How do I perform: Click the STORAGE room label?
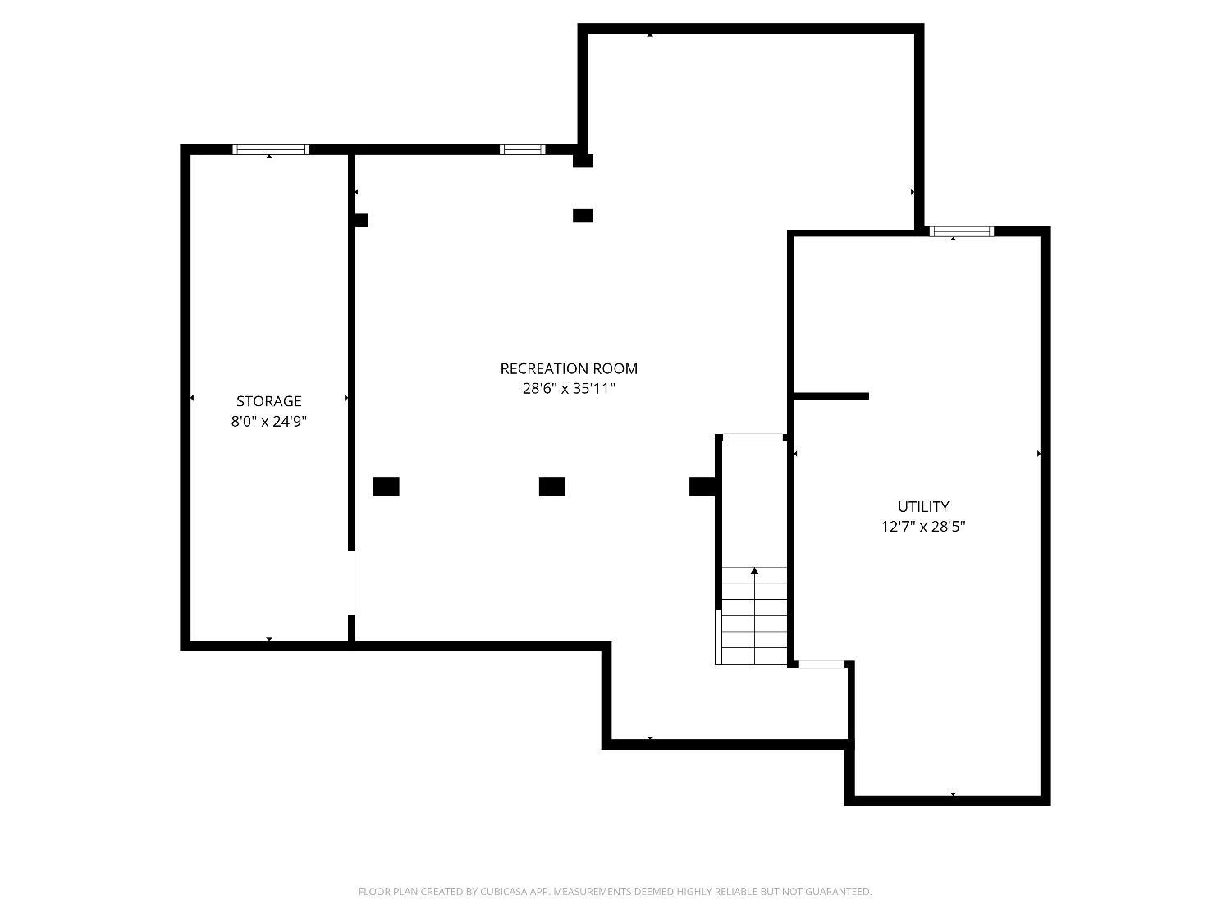(268, 401)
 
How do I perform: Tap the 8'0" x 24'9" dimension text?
(268, 422)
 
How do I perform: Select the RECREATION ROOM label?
(569, 368)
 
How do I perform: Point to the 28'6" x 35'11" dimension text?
(569, 388)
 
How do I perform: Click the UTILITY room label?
(923, 506)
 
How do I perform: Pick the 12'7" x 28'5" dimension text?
(923, 526)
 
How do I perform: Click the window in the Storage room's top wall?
(271, 149)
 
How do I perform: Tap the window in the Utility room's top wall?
(961, 231)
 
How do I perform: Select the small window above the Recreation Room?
(522, 149)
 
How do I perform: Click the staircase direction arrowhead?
(754, 570)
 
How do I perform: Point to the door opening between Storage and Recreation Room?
(351, 583)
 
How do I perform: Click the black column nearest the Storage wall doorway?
(387, 487)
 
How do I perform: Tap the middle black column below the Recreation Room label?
(551, 487)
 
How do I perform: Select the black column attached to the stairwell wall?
(702, 487)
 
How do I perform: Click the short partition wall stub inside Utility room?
(831, 396)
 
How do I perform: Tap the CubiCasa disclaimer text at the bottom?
(615, 892)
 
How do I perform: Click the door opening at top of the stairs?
(753, 437)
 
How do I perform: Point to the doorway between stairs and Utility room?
(821, 665)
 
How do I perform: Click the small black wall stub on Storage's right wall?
(361, 220)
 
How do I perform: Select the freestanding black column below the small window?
(583, 216)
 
